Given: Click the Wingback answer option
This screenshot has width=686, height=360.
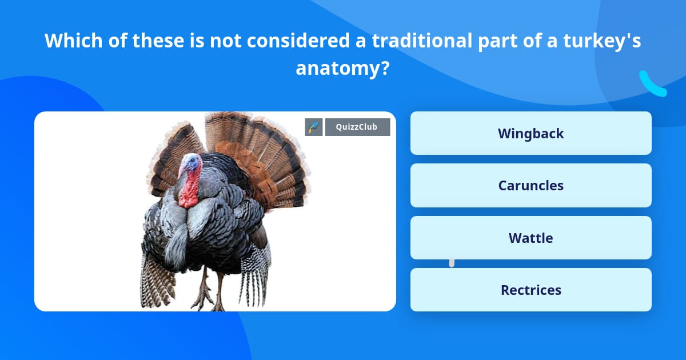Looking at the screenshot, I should (x=531, y=133).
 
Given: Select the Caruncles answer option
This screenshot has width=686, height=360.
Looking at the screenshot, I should (x=531, y=185).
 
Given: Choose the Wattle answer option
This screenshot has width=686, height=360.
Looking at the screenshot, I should (x=531, y=238).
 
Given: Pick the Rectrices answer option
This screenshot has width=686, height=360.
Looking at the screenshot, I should (x=531, y=290).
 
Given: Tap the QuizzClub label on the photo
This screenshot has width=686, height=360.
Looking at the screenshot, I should (x=357, y=127).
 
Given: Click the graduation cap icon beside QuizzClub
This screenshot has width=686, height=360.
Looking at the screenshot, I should (x=314, y=127).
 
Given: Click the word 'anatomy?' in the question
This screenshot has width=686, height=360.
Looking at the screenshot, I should (x=342, y=69).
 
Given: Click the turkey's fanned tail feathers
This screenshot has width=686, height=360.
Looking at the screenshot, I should (x=257, y=149).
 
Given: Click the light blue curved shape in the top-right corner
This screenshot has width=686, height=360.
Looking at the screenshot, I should (x=652, y=85).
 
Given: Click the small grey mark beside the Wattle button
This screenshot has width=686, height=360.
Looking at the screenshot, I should (x=452, y=263).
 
